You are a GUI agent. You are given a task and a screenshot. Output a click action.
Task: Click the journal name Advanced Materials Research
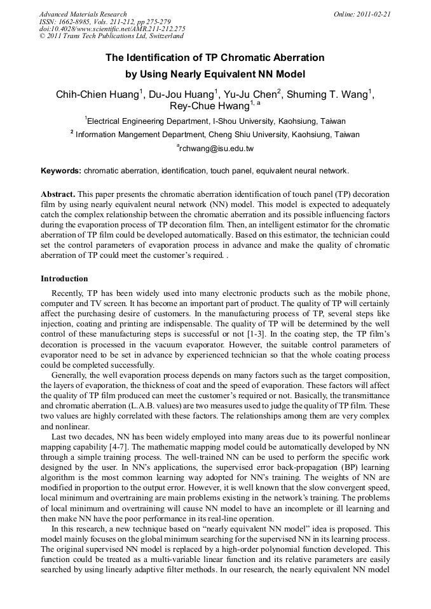pos(83,14)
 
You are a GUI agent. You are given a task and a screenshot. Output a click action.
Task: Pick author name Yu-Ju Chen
pos(250,95)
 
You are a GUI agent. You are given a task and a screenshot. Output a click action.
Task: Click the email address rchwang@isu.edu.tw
pos(217,149)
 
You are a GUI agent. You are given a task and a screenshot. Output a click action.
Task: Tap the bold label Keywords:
pos(61,171)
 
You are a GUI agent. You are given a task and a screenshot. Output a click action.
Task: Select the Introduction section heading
pos(64,279)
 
